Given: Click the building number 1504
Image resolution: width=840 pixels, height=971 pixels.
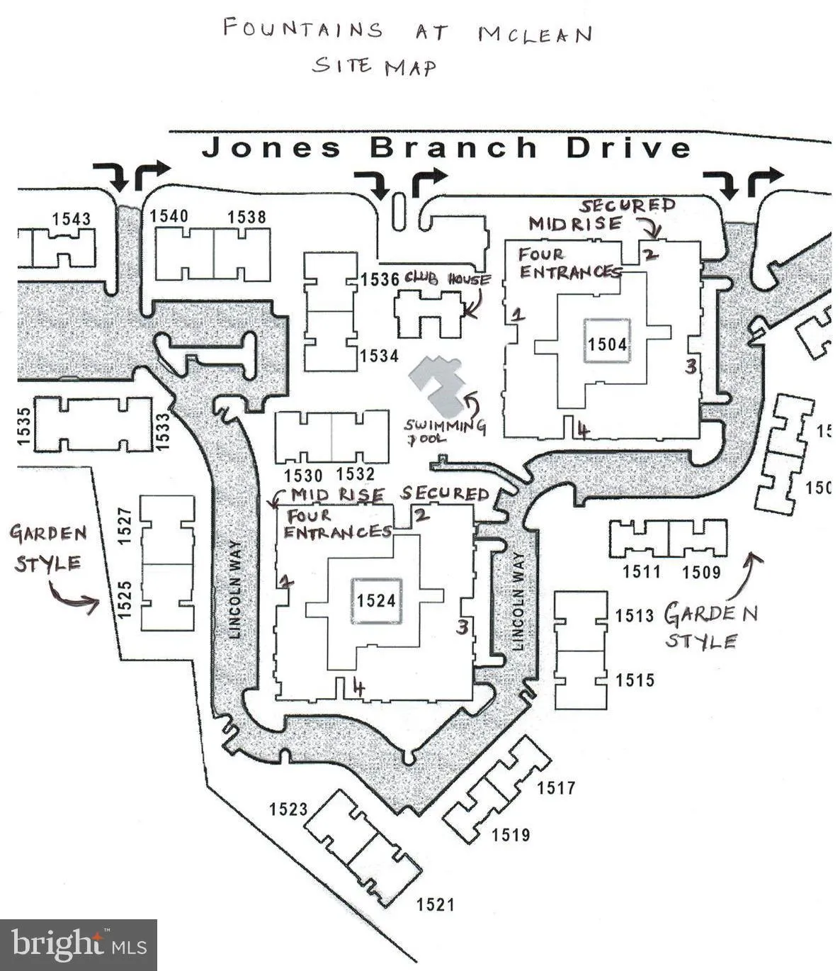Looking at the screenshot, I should point(607,344).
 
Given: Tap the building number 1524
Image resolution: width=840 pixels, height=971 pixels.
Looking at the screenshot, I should point(375,600).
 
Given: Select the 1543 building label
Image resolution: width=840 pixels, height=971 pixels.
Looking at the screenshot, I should point(72,218).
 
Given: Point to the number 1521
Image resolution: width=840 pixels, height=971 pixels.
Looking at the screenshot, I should point(435,904).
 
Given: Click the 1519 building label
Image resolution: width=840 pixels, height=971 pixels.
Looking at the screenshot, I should point(511,835).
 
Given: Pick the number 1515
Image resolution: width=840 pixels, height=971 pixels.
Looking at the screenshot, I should point(635,680).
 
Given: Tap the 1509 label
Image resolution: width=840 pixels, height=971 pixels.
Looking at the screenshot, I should point(701,572).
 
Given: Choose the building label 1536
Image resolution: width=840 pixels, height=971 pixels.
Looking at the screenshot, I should point(380,279).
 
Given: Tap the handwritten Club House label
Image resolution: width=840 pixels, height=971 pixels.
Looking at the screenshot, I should point(447,279).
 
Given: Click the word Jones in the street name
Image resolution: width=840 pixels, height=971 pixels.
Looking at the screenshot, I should point(272,148).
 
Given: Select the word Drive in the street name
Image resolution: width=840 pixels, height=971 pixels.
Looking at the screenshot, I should point(628,148).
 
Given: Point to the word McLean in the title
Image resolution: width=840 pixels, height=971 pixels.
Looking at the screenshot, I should point(535,33).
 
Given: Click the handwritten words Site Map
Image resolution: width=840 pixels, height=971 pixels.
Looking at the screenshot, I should point(375,66).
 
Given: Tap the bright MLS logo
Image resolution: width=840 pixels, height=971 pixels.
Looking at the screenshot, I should point(78,945).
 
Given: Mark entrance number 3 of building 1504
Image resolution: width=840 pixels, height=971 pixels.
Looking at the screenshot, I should point(691,366).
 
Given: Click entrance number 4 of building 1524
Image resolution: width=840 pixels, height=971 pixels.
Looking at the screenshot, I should point(359,687).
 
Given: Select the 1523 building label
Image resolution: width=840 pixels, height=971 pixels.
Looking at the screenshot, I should point(288,809).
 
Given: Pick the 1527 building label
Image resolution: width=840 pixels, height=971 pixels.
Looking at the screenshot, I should point(125,525).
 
